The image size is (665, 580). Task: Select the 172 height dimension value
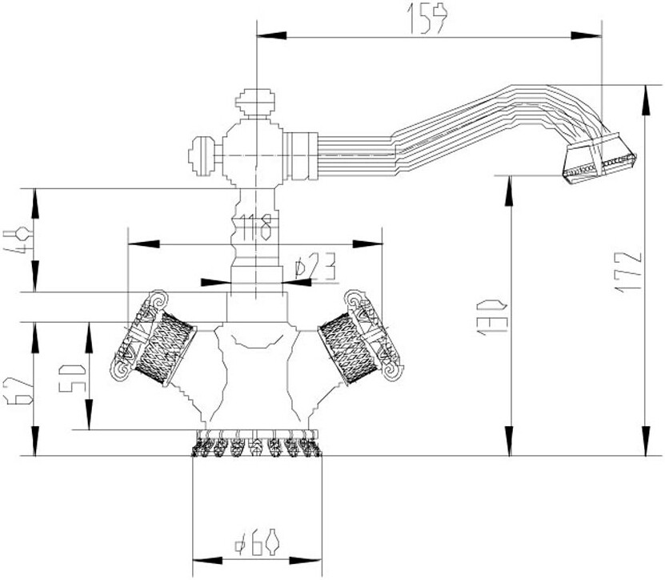tap(631, 271)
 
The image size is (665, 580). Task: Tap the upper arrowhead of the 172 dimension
tap(647, 90)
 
